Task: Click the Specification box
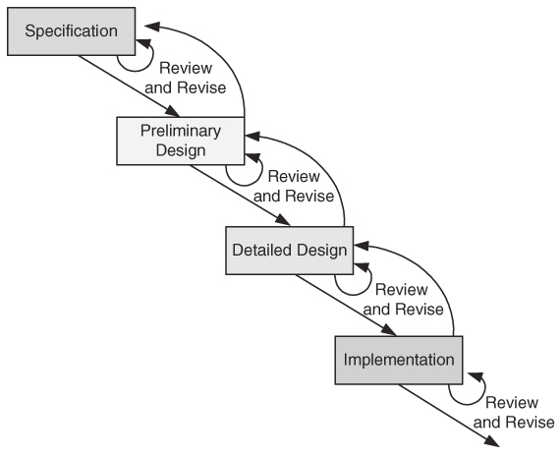[x=72, y=31]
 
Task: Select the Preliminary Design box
[x=181, y=141]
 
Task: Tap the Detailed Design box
[x=290, y=251]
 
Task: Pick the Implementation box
[x=399, y=360]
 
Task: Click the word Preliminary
[x=181, y=131]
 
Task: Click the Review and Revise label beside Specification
[x=186, y=78]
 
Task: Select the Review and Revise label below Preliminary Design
[x=294, y=186]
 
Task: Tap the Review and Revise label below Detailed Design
[x=403, y=300]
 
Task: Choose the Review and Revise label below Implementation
[x=514, y=413]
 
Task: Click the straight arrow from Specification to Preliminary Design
[x=130, y=86]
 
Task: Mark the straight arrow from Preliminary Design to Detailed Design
[x=240, y=196]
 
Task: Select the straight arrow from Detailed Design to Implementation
[x=346, y=306]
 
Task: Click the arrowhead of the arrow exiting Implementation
[x=492, y=441]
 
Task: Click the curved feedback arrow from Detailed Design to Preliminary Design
[x=324, y=165]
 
